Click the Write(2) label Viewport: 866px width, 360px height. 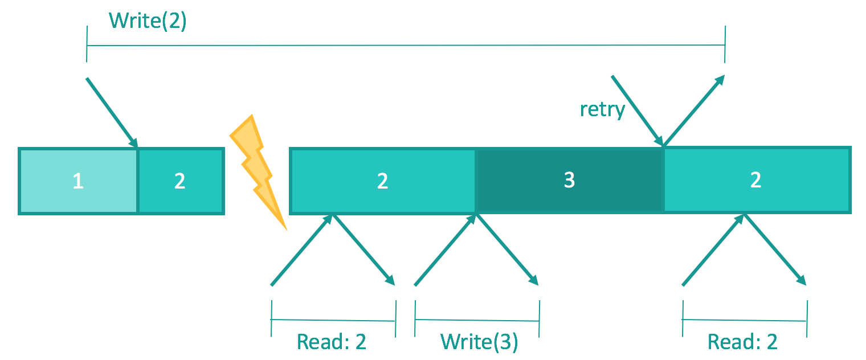point(148,21)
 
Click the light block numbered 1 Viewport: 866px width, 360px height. point(78,181)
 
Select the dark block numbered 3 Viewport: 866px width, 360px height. point(569,181)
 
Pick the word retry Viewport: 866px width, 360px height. point(602,110)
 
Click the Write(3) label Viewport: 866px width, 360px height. point(479,342)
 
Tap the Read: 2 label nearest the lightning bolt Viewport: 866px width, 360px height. point(332,342)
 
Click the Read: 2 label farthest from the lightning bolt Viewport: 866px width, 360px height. point(742,342)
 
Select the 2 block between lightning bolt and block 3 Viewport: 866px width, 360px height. point(383,181)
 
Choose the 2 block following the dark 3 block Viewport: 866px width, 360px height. point(757,180)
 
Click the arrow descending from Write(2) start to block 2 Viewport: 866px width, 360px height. point(112,113)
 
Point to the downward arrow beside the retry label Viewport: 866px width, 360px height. point(637,111)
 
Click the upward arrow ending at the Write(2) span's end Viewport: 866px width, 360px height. point(694,111)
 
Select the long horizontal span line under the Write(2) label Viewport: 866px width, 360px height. point(406,45)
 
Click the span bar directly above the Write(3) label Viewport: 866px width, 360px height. point(477,320)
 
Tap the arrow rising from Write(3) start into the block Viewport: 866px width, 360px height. point(446,250)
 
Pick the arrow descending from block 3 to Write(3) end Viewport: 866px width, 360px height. point(507,250)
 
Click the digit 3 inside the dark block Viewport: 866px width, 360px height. point(569,180)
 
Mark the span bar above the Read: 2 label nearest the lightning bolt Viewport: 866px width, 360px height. point(333,320)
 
